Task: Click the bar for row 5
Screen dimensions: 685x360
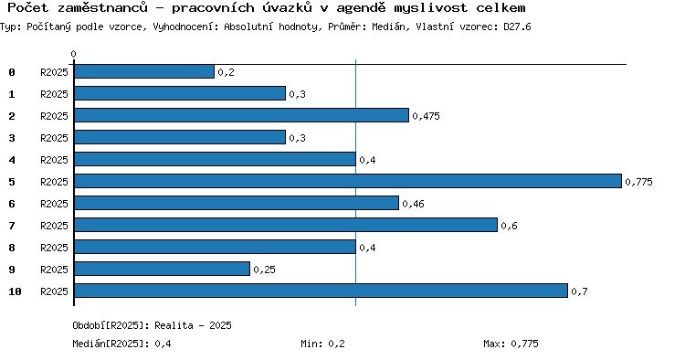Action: point(348,181)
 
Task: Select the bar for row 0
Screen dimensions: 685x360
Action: point(144,71)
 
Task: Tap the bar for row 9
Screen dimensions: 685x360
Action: point(162,269)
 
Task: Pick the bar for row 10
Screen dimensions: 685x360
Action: point(321,291)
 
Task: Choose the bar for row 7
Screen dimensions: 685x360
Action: point(286,225)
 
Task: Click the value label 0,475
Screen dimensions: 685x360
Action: point(426,116)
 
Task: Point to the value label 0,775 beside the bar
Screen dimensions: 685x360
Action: point(638,182)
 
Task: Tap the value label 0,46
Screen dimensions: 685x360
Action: point(413,204)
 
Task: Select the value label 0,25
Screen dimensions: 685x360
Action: point(264,270)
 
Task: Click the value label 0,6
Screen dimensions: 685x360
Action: point(509,226)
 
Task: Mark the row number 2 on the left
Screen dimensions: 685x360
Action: point(12,116)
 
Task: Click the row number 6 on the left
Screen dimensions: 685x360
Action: point(12,204)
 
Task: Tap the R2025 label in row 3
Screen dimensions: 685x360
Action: point(54,138)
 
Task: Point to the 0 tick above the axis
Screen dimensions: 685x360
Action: point(73,54)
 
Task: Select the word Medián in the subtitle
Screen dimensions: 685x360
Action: point(388,26)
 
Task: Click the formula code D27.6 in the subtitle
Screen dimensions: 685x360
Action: point(517,26)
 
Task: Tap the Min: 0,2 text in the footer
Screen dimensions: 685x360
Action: point(322,344)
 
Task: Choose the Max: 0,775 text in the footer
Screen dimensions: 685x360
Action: point(511,344)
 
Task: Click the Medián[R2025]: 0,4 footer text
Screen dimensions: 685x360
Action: point(121,344)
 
